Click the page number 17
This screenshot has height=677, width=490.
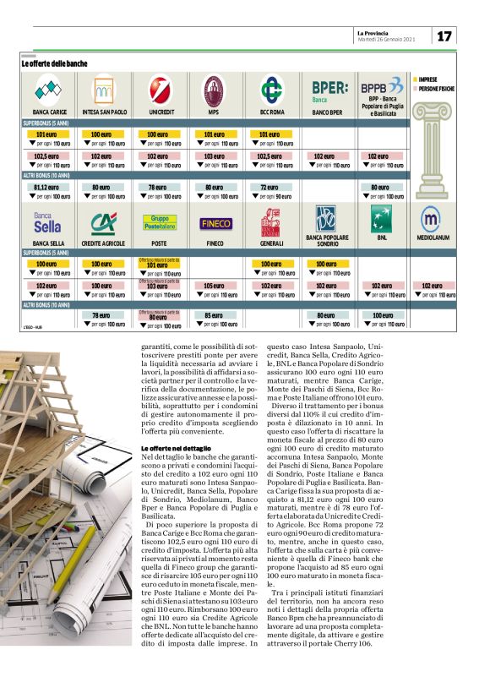click(444, 36)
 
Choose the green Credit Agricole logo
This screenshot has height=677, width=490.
click(103, 222)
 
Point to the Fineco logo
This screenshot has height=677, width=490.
click(214, 224)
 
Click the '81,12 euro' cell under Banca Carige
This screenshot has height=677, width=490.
click(46, 188)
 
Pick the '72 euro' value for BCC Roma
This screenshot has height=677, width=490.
click(269, 188)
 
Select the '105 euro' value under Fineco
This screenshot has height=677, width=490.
click(214, 286)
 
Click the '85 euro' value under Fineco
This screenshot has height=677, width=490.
click(214, 315)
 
